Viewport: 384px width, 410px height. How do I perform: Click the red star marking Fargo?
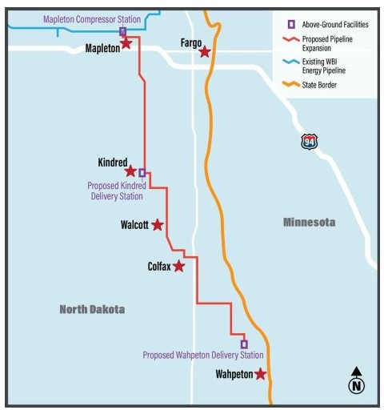pyautogui.click(x=205, y=52)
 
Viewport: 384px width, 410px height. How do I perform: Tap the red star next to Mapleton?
pyautogui.click(x=126, y=43)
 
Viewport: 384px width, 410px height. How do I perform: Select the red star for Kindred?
pyautogui.click(x=130, y=171)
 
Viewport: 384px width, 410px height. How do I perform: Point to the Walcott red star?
pyautogui.click(x=158, y=225)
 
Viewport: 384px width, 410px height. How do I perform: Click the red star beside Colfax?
pyautogui.click(x=179, y=266)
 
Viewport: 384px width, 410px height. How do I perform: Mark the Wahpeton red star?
pyautogui.click(x=260, y=374)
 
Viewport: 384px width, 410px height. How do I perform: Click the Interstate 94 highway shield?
pyautogui.click(x=309, y=142)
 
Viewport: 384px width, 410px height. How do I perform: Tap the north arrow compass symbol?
pyautogui.click(x=357, y=382)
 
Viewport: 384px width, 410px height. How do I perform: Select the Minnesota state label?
pyautogui.click(x=309, y=222)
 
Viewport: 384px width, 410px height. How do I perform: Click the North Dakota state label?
pyautogui.click(x=92, y=309)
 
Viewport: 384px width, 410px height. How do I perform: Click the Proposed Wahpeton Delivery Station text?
pyautogui.click(x=202, y=355)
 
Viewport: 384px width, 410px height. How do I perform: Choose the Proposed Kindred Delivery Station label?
pyautogui.click(x=116, y=191)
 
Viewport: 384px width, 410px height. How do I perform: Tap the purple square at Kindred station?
pyautogui.click(x=142, y=172)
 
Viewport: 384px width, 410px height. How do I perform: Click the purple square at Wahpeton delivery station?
pyautogui.click(x=244, y=344)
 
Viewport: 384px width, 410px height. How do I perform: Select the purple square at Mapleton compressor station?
pyautogui.click(x=122, y=32)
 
